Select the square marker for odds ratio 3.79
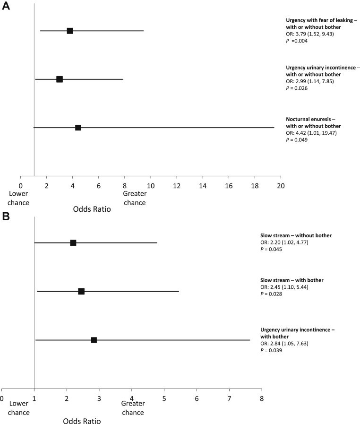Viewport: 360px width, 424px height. (x=70, y=31)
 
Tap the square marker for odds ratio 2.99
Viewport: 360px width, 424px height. (x=60, y=79)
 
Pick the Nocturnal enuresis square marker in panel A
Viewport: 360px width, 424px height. (x=78, y=128)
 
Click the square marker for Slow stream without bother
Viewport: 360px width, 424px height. (x=73, y=243)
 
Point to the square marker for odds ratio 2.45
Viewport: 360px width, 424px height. (x=81, y=291)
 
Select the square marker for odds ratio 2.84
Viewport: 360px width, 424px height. (x=94, y=340)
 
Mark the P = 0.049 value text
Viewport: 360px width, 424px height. (x=297, y=140)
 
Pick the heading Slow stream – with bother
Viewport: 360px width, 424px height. (x=299, y=280)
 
